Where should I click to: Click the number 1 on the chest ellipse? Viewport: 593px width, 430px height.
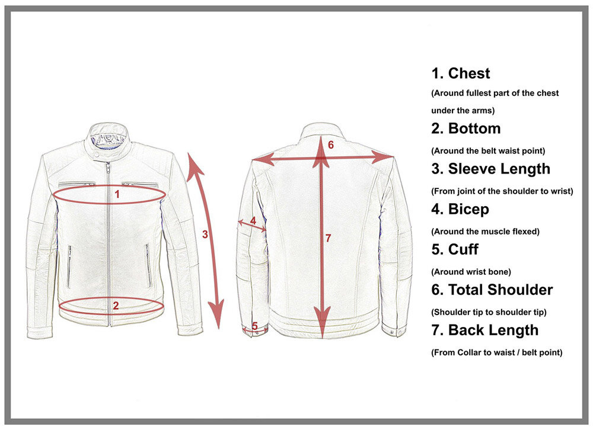click(x=117, y=193)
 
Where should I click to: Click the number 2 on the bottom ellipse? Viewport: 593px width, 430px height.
click(x=116, y=306)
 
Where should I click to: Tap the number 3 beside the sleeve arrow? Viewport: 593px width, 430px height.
click(x=205, y=234)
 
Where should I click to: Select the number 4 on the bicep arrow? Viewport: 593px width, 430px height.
click(x=253, y=220)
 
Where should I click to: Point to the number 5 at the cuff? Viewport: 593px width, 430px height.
click(x=254, y=325)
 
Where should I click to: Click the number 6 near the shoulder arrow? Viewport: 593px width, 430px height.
click(x=330, y=145)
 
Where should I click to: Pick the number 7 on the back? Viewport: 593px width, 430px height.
click(x=328, y=238)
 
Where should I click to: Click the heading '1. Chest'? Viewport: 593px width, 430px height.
click(x=461, y=73)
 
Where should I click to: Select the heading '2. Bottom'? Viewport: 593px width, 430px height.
click(x=466, y=129)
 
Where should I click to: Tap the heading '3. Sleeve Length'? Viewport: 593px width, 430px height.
click(x=491, y=169)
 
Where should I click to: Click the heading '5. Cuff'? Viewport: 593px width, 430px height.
click(x=455, y=249)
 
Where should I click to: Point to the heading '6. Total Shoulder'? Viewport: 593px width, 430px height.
click(x=492, y=290)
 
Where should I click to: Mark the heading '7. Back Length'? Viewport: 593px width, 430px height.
click(x=485, y=330)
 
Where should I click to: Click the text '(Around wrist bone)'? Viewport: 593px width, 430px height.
click(x=471, y=272)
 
